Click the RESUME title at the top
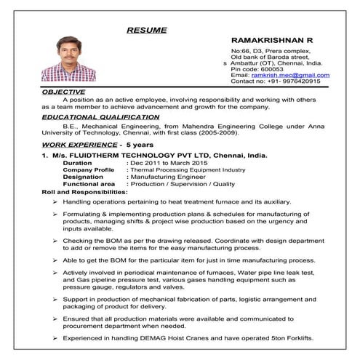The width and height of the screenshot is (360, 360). point(146,30)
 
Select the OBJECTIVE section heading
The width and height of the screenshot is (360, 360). point(64,92)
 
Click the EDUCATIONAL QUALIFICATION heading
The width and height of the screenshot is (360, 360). point(100,116)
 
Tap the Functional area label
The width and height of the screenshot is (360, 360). point(88,184)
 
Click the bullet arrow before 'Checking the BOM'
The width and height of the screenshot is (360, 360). point(55,240)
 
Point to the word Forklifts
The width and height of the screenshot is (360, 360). point(297,338)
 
